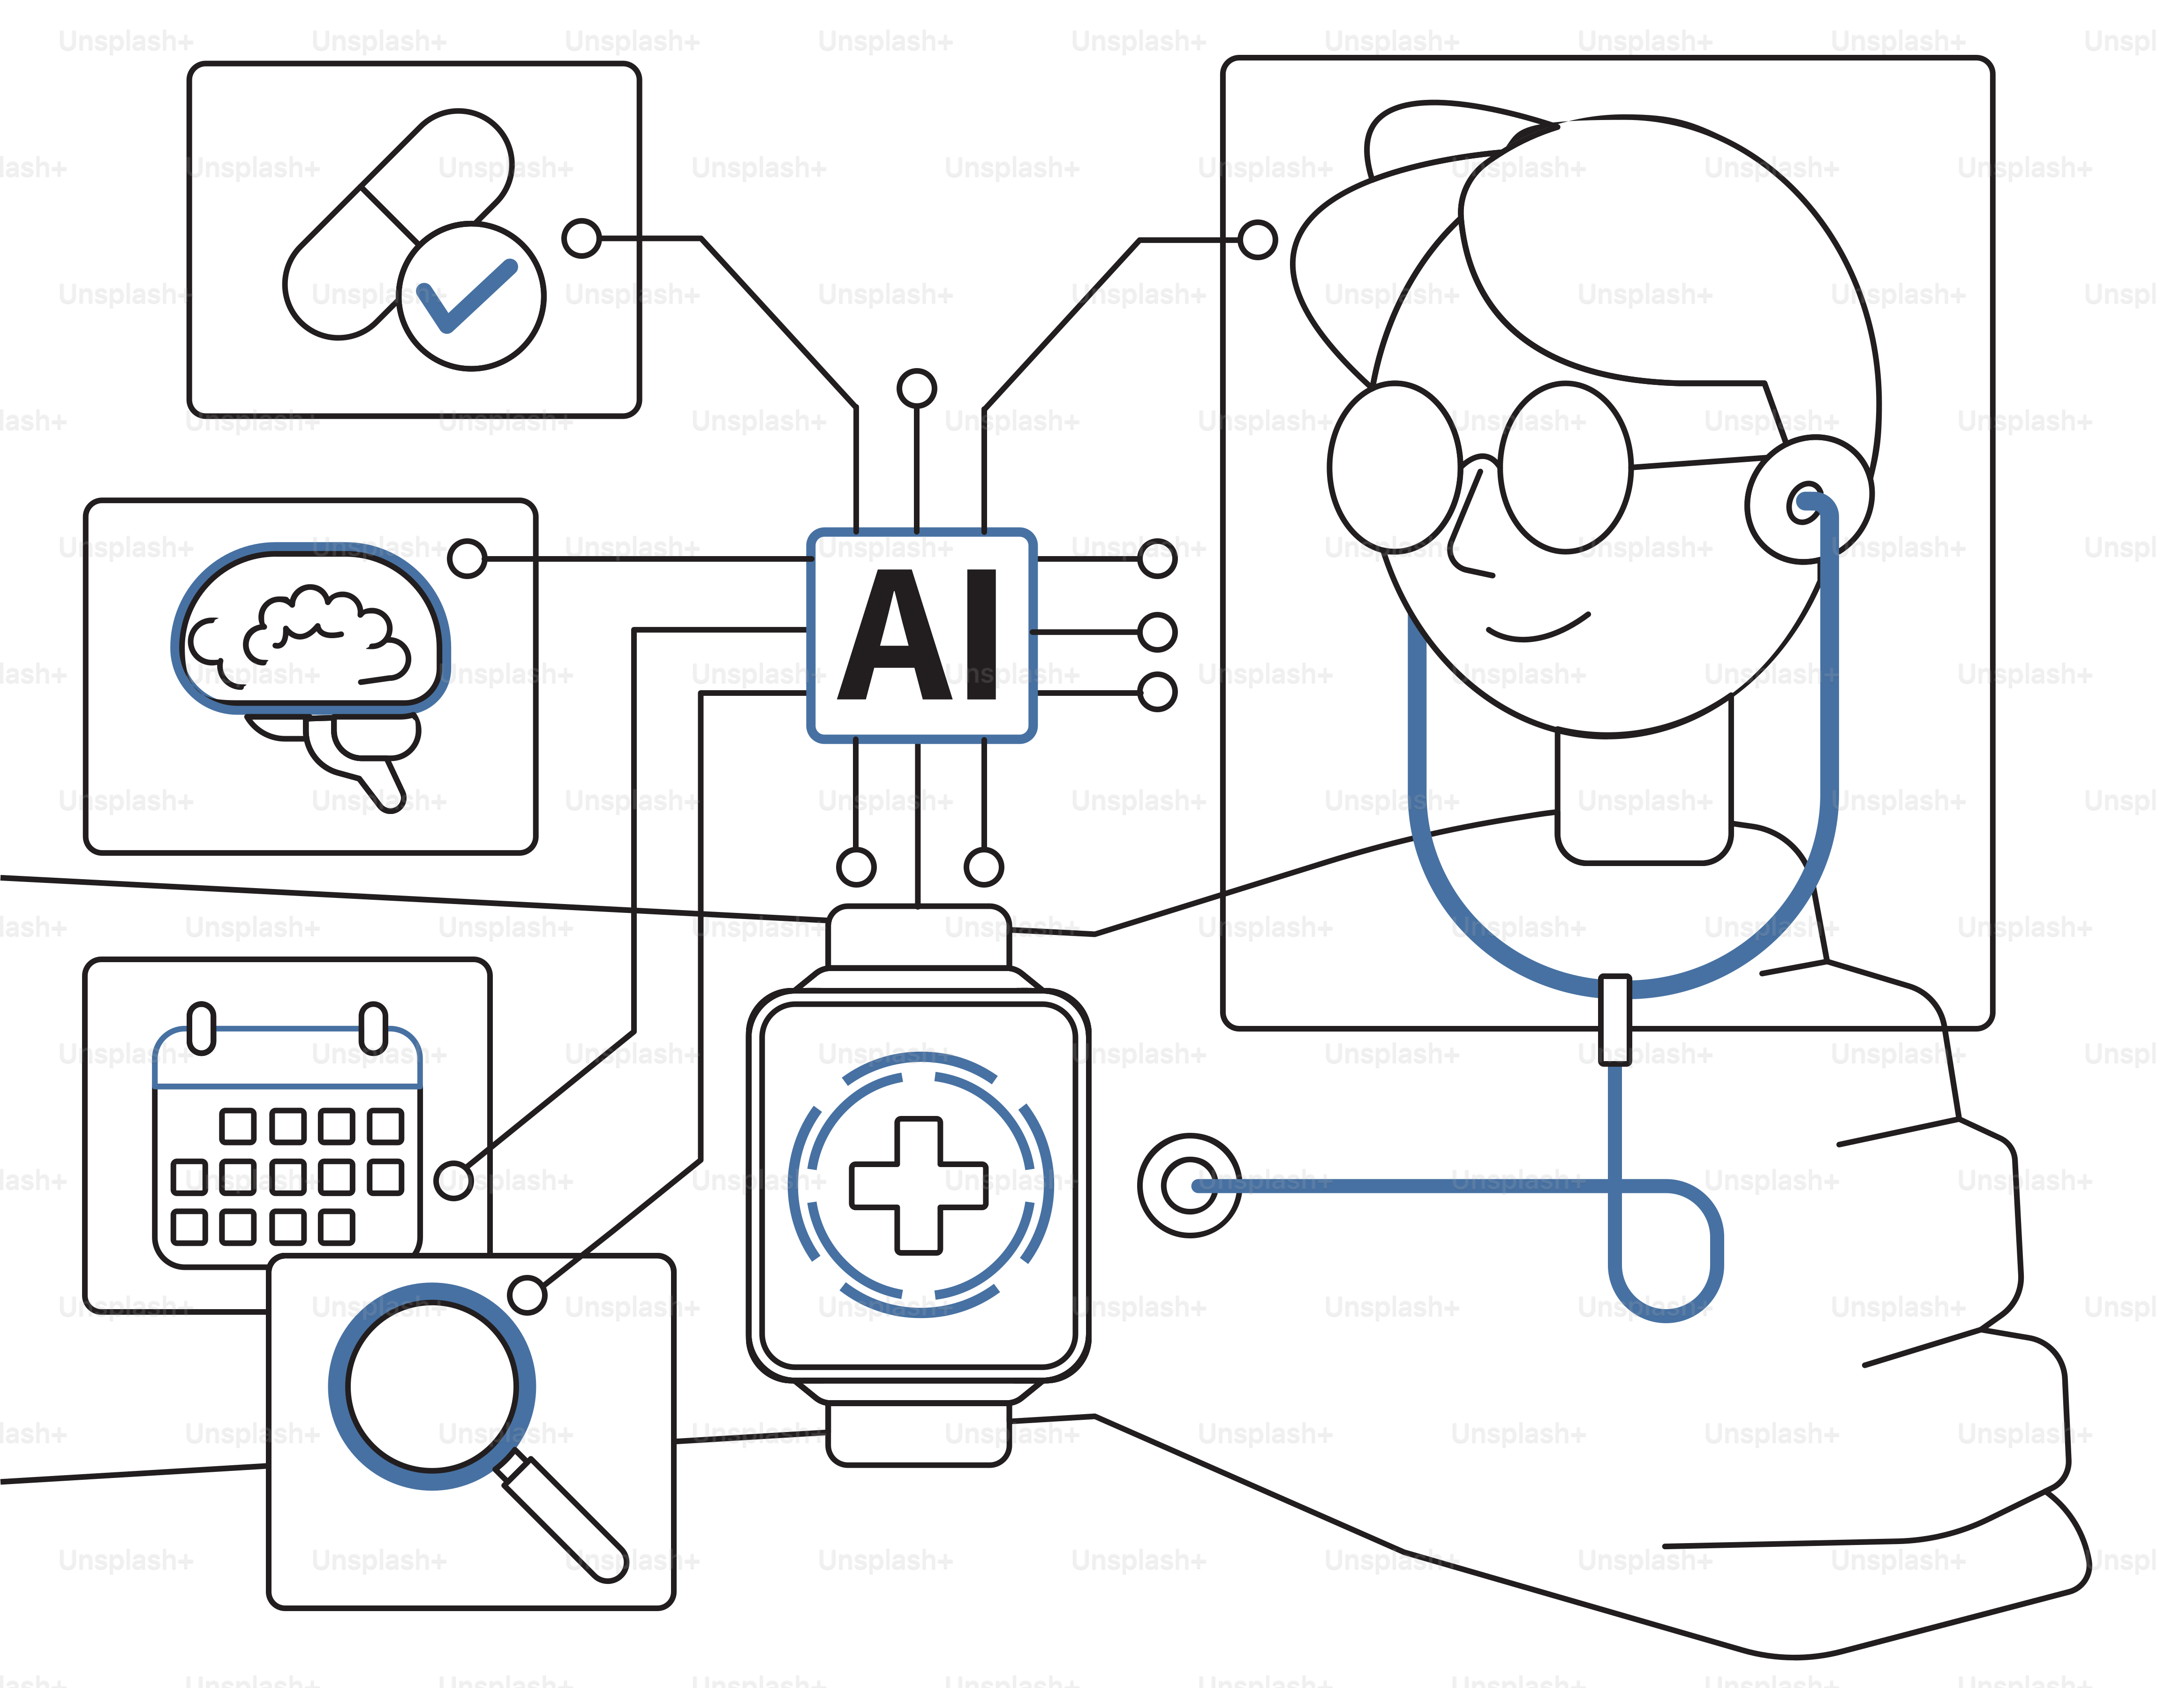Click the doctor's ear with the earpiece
coord(1808,500)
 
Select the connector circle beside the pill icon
coord(582,238)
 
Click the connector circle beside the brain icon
coord(467,558)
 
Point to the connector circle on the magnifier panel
coord(528,1295)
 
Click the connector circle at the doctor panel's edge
coord(1258,239)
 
